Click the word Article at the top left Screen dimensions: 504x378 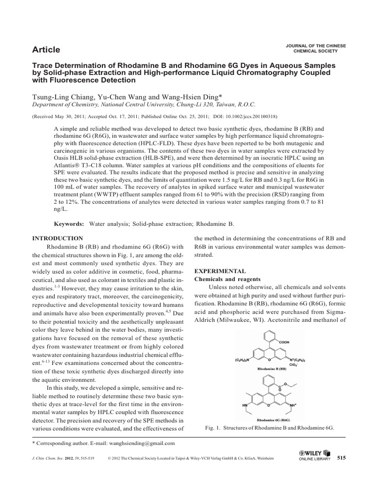click(46, 49)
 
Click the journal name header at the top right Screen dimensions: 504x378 click(315, 48)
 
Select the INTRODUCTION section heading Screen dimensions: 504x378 click(58, 238)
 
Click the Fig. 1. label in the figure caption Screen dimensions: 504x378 click(212, 428)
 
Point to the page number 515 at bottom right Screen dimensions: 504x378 click(341, 458)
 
